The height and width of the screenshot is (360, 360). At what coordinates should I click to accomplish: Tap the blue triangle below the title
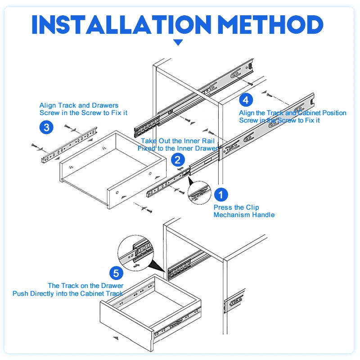(179, 42)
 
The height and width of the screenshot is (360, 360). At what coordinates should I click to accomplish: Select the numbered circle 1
(220, 195)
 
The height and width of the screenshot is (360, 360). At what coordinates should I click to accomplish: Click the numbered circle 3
(46, 127)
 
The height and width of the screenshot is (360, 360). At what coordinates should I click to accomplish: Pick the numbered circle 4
(246, 99)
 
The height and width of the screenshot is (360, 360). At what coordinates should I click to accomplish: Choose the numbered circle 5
(116, 273)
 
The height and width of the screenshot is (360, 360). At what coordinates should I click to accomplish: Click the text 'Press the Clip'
(236, 207)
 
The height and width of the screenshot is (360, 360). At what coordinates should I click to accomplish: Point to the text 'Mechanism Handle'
(244, 215)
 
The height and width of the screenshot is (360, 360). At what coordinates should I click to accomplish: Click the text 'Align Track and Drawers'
(79, 105)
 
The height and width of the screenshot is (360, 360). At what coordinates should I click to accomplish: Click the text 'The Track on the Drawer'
(85, 286)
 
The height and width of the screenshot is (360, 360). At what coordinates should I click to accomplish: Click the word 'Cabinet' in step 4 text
(310, 113)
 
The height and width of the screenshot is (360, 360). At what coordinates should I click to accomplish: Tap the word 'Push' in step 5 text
(21, 293)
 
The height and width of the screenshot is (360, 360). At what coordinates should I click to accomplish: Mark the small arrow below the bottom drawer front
(117, 337)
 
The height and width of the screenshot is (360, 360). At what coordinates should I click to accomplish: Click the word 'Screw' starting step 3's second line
(49, 113)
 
